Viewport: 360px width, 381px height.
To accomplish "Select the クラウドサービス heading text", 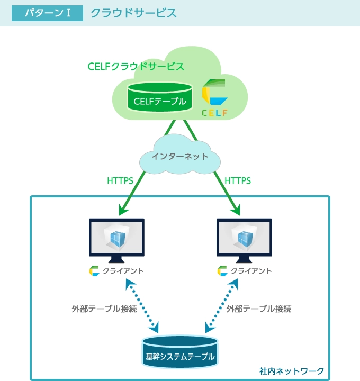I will (133, 13).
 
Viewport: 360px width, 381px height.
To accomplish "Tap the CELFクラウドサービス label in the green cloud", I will (136, 67).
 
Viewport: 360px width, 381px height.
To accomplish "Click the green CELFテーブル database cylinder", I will (159, 97).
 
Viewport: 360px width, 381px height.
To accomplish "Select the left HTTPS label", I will (120, 180).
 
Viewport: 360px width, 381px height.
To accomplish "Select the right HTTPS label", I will (238, 180).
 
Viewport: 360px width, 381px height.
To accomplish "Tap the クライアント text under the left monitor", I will (123, 271).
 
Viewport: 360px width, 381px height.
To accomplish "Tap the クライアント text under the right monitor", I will (251, 271).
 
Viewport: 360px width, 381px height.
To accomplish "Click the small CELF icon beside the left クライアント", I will (94, 271).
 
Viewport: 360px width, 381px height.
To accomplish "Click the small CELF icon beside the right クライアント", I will (222, 271).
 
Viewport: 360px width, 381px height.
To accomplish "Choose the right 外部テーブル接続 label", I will (259, 309).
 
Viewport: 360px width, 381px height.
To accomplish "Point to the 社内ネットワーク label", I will (292, 370).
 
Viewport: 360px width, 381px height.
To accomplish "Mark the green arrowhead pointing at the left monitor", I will (123, 211).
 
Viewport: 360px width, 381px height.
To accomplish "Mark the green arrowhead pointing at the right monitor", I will (236, 211).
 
